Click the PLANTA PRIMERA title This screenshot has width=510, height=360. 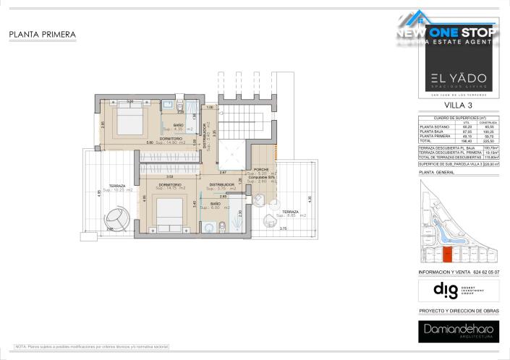pyautogui.click(x=43, y=34)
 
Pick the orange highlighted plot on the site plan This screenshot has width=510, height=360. pyautogui.click(x=448, y=254)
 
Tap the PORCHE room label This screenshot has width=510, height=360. pyautogui.click(x=262, y=171)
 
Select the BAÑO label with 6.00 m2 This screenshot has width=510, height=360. pyautogui.click(x=216, y=206)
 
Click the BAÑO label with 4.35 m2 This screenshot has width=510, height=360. pyautogui.click(x=177, y=127)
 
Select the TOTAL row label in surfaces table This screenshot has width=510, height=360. pyautogui.click(x=426, y=140)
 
